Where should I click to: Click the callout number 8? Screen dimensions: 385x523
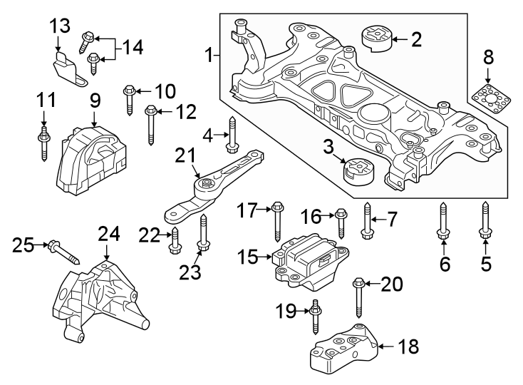tap(488, 56)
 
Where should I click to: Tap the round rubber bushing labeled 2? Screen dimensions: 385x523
tap(375, 38)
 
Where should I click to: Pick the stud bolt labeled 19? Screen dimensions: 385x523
tap(315, 319)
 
